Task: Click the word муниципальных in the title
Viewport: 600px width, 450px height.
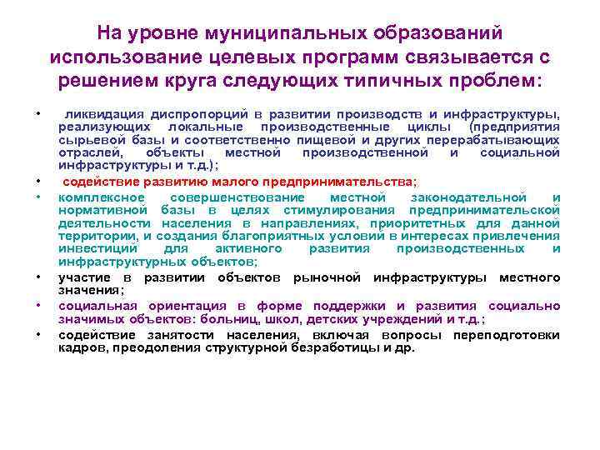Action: click(x=288, y=32)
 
